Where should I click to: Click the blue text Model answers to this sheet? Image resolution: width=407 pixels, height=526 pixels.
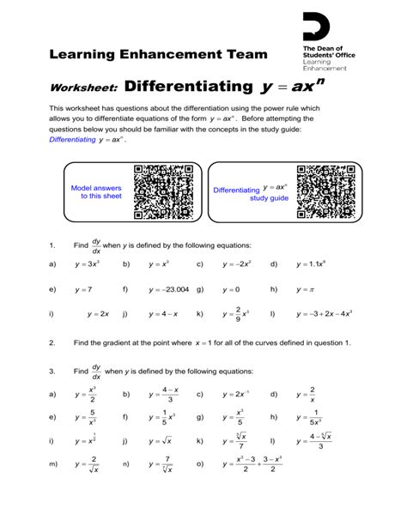(95, 191)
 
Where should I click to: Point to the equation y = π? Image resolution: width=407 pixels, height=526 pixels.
(306, 290)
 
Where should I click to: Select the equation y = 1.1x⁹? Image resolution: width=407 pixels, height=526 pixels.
(312, 265)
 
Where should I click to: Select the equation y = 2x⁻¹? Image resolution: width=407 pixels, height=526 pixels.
(236, 395)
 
